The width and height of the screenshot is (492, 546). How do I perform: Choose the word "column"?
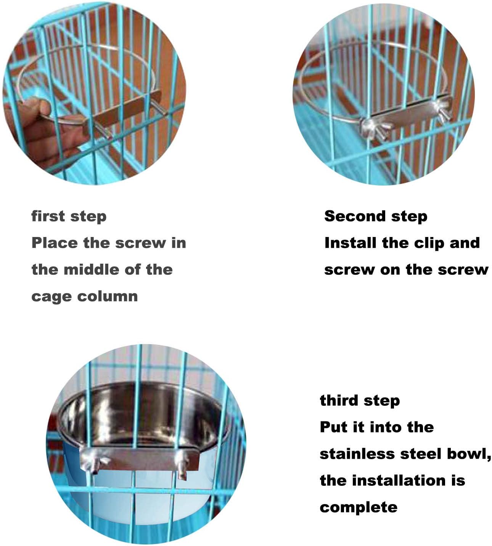tap(108, 296)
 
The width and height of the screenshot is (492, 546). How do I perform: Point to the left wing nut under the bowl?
tap(95, 462)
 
